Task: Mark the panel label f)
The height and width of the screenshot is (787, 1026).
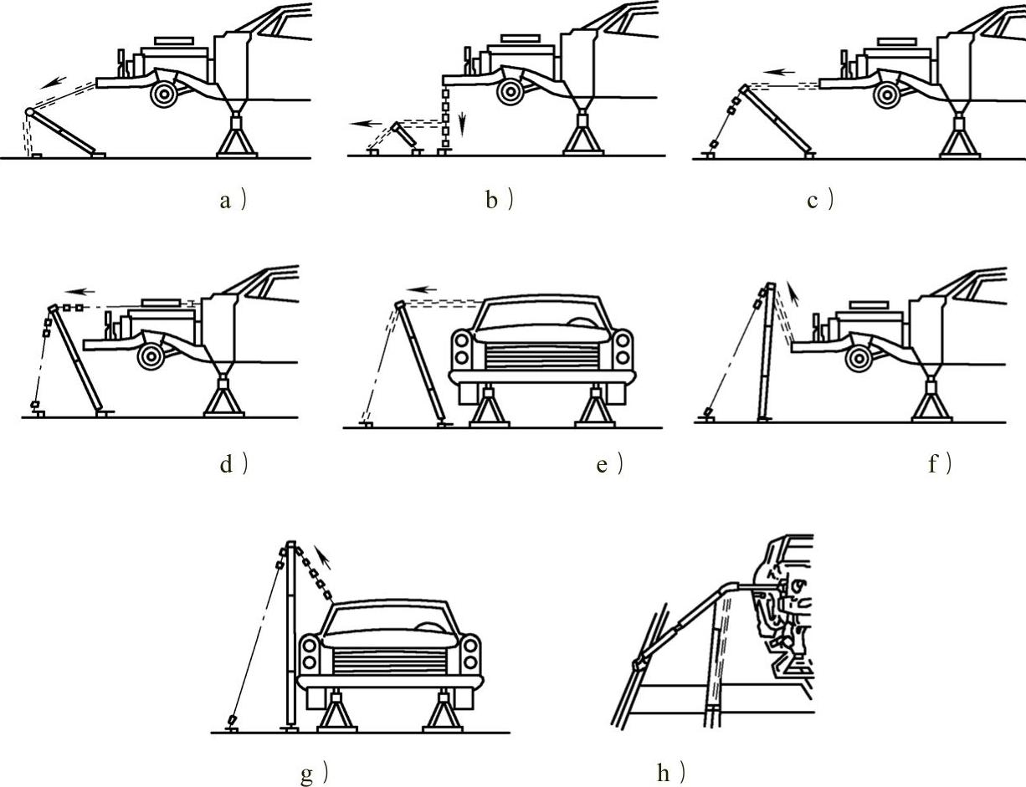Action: (939, 463)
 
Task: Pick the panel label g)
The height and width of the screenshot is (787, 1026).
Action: (314, 774)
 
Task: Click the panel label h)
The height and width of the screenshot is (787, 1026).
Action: (672, 774)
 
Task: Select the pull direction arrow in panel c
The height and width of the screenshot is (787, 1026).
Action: (782, 73)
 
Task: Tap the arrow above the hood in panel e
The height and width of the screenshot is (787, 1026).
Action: (426, 289)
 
